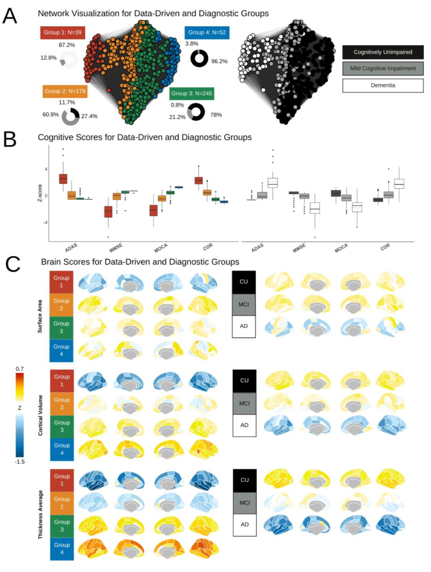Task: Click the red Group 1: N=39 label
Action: tap(62, 33)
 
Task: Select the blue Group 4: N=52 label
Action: tap(207, 33)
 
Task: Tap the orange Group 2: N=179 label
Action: tap(65, 91)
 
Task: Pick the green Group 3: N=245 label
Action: tap(192, 93)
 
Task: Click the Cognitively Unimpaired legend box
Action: tap(383, 52)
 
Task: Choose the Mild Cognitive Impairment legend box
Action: tap(383, 69)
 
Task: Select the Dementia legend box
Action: tap(383, 85)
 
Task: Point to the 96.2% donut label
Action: tap(219, 61)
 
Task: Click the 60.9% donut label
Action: tap(51, 115)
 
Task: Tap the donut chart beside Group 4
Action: tap(199, 58)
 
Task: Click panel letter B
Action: tap(10, 139)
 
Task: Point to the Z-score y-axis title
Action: tap(40, 193)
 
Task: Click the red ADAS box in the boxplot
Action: tap(63, 179)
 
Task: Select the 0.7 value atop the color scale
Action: tap(20, 369)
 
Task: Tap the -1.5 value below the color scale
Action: tap(20, 462)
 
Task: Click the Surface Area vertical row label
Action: tap(40, 316)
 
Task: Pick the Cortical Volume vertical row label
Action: tap(40, 415)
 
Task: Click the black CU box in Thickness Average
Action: tap(244, 480)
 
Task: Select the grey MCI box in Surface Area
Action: tap(244, 304)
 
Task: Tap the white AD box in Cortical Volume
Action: tap(244, 425)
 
